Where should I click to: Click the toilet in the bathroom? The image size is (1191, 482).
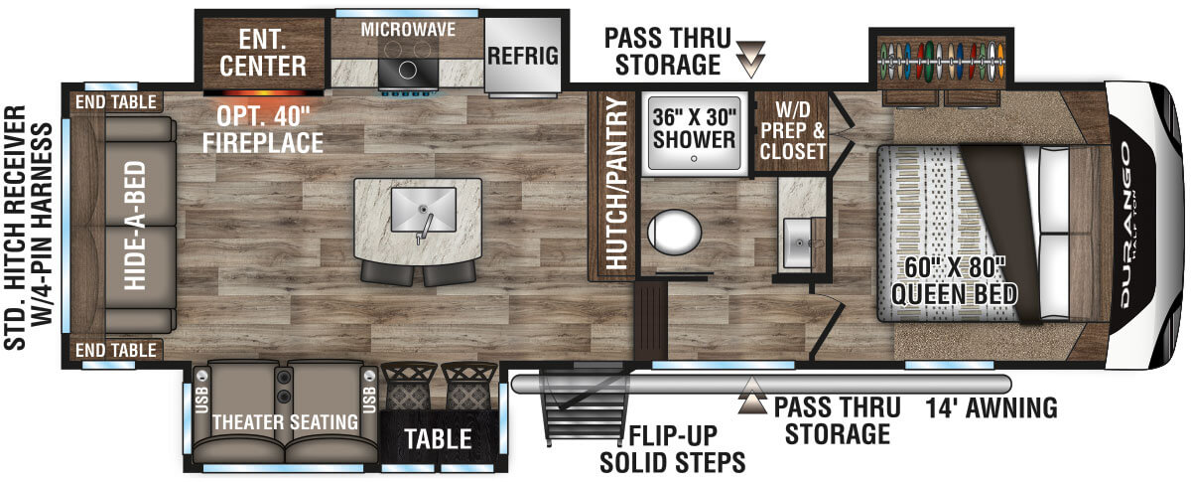point(674,232)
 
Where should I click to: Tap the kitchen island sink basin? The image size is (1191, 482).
point(423,210)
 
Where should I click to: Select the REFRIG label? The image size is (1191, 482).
point(523,56)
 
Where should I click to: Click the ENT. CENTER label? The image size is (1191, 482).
point(263,53)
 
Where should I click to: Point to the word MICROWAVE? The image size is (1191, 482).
point(408,29)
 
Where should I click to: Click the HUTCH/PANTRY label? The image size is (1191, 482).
point(616,183)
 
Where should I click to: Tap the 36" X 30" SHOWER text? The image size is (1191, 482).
point(695,128)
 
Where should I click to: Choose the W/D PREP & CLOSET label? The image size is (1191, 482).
point(792,130)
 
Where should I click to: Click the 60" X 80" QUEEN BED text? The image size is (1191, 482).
point(955,280)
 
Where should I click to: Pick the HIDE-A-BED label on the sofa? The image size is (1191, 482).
point(135,226)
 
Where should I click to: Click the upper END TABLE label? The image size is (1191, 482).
point(116,101)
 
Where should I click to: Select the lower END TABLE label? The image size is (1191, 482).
point(116,350)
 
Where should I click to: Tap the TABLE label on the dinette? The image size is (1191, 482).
point(438,439)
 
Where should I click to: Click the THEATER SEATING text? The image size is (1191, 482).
point(286,422)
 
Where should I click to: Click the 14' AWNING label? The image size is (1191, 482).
point(992,408)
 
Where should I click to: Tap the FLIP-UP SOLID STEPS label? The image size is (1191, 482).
point(673,449)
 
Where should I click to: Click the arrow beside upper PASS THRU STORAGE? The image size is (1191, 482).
point(750,59)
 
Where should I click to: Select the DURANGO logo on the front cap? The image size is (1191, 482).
point(1126,226)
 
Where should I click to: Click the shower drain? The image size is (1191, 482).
point(694,159)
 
